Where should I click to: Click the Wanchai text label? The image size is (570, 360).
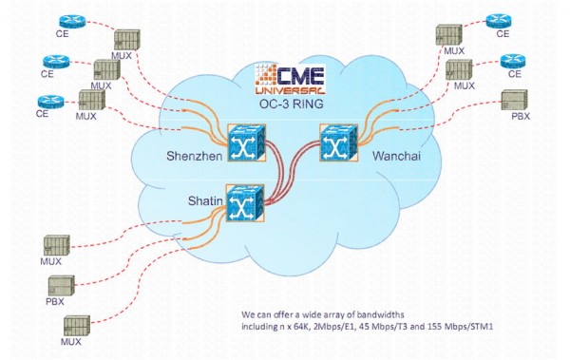[x=390, y=154]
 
